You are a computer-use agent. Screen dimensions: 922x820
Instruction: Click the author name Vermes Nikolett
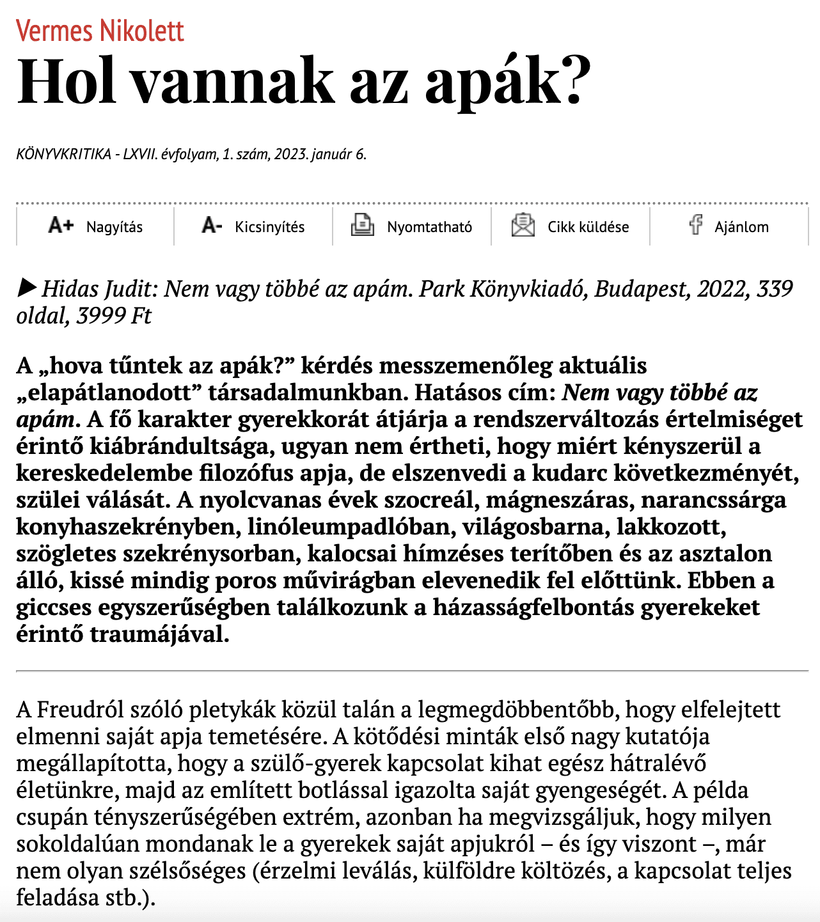[x=100, y=31]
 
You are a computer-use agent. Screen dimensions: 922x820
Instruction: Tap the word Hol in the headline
[x=67, y=82]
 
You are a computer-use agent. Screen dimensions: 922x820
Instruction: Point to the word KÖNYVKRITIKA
[x=63, y=154]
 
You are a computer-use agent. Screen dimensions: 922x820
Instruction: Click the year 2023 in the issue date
[x=291, y=154]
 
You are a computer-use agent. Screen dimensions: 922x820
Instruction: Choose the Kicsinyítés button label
[x=269, y=227]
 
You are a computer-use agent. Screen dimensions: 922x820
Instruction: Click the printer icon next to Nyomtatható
[x=363, y=225]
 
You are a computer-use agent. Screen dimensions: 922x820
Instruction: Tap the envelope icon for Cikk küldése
[x=523, y=225]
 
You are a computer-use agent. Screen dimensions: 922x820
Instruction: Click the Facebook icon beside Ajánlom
[x=696, y=225]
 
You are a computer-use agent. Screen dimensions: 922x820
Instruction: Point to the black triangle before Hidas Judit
[x=27, y=288]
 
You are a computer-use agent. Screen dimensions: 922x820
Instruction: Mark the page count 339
[x=775, y=289]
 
